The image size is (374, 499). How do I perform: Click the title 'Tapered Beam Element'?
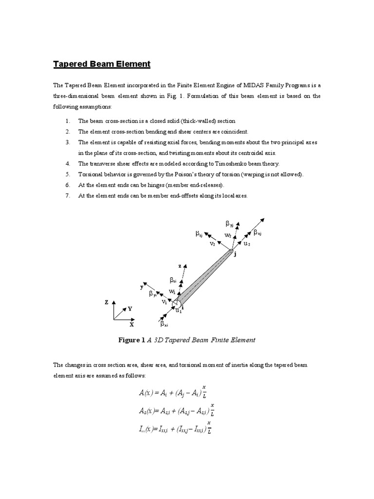click(102, 64)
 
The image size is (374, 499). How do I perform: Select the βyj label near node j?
click(229, 224)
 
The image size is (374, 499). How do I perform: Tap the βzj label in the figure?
click(199, 235)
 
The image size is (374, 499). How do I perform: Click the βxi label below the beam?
click(164, 323)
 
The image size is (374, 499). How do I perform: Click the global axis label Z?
click(106, 302)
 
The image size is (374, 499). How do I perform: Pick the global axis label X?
click(131, 324)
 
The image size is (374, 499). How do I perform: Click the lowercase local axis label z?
click(180, 267)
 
